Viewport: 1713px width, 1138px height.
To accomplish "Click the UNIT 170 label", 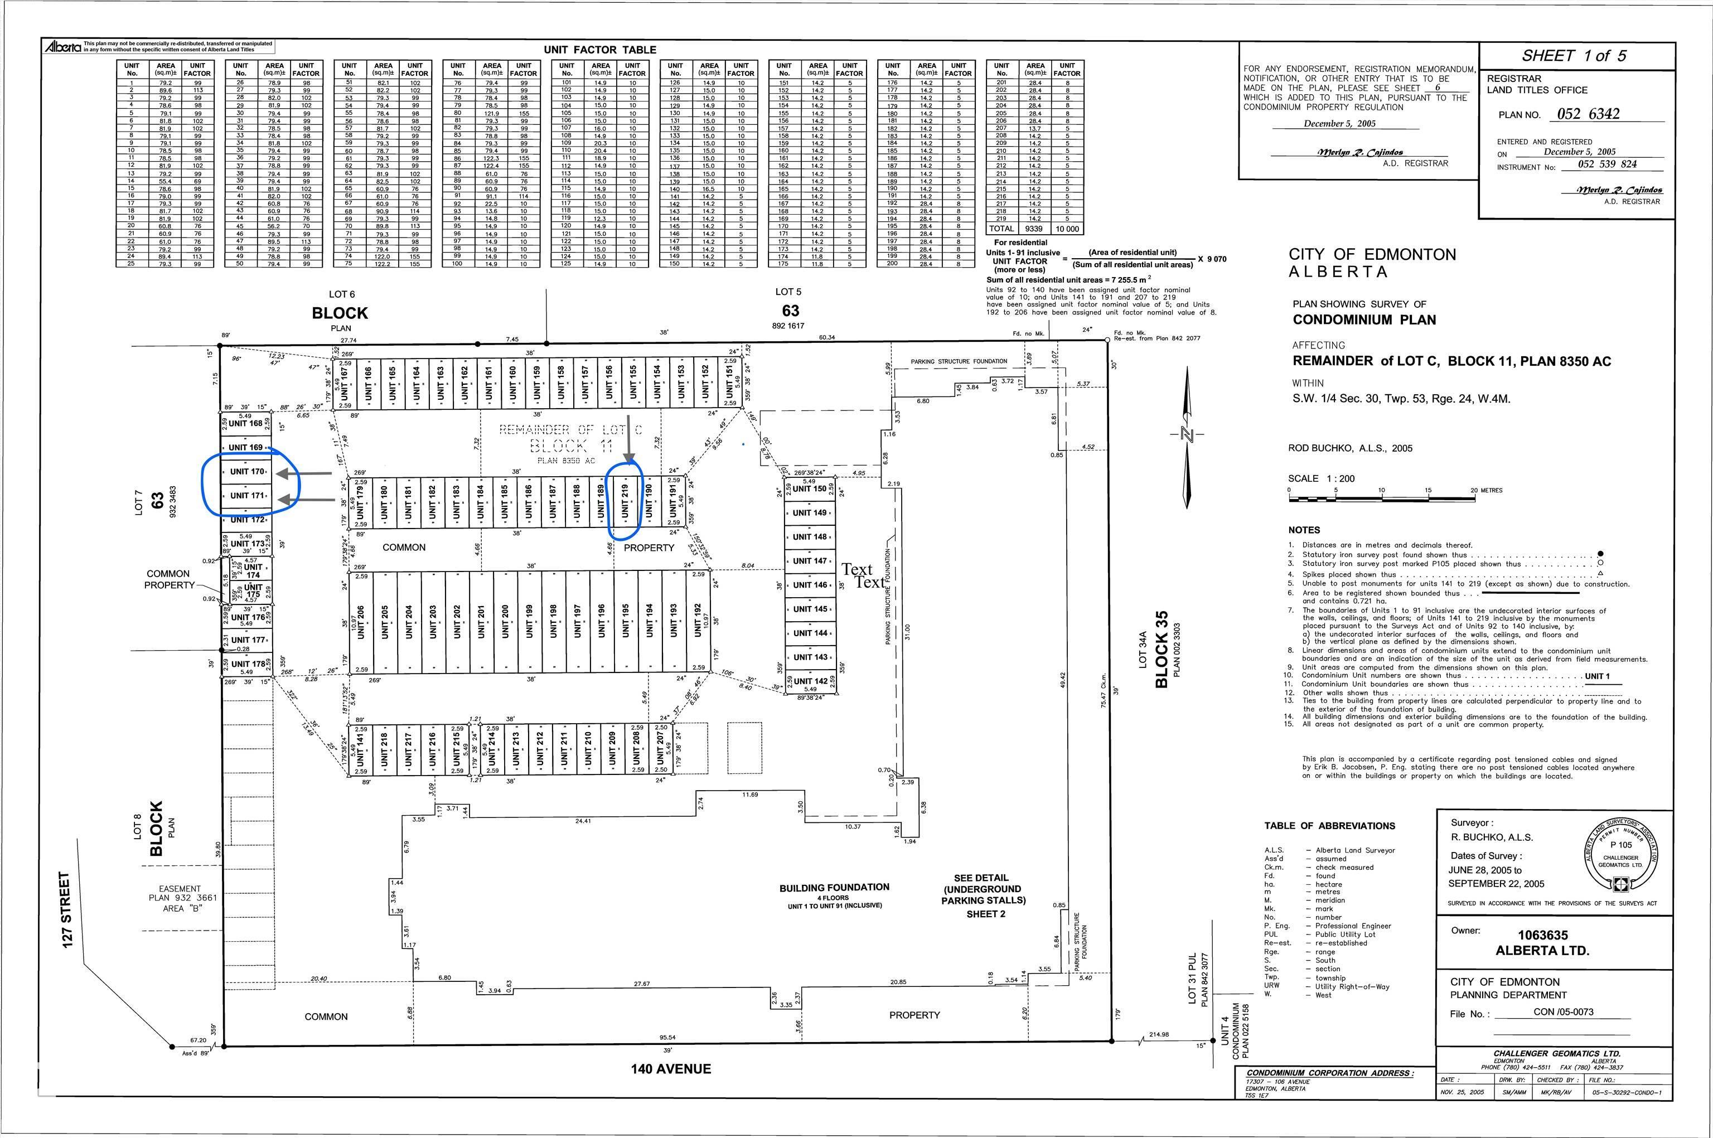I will (x=247, y=472).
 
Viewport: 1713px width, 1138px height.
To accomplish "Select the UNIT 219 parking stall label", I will (x=625, y=502).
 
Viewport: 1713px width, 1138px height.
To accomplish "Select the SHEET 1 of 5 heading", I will (x=1574, y=56).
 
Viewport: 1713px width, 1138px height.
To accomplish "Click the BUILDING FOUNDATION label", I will (x=834, y=888).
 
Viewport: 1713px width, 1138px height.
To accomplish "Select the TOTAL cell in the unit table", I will (x=1001, y=228).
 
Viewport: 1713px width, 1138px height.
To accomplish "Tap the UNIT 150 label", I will (x=809, y=488).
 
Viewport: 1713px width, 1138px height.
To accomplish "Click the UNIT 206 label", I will (x=361, y=622).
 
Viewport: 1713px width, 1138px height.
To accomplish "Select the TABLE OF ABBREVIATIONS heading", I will (x=1329, y=826).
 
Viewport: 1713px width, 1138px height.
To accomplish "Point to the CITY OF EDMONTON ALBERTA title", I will (x=1372, y=263).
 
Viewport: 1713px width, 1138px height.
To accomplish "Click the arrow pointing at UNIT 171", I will (x=306, y=500).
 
